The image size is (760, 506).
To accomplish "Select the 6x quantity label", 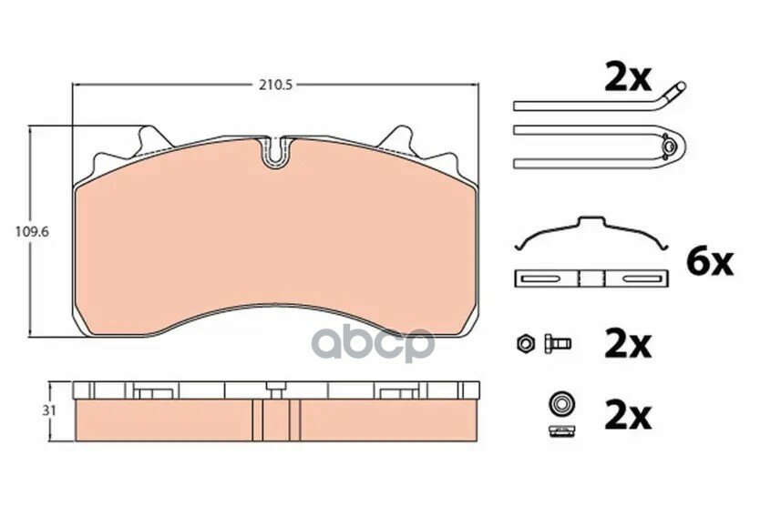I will tap(708, 263).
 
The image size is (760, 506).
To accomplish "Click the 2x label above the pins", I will tap(627, 79).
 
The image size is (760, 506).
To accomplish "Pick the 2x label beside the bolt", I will tap(627, 344).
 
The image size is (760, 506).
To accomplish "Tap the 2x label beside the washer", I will tap(627, 415).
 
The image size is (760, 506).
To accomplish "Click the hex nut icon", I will tap(526, 344).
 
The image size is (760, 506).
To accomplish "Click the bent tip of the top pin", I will tap(674, 88).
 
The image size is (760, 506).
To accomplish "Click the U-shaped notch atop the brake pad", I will tap(274, 151).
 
